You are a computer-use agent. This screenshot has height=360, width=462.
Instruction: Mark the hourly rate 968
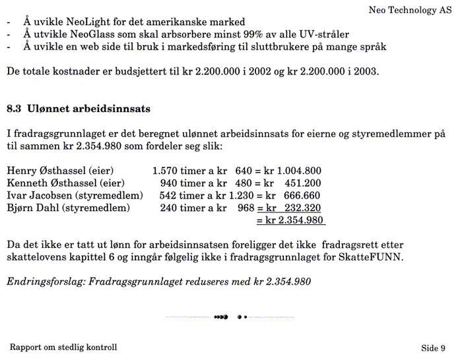coord(246,208)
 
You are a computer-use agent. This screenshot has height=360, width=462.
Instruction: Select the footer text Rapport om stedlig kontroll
coord(63,347)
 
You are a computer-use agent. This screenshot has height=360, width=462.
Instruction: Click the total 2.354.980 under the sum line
coord(294,220)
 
